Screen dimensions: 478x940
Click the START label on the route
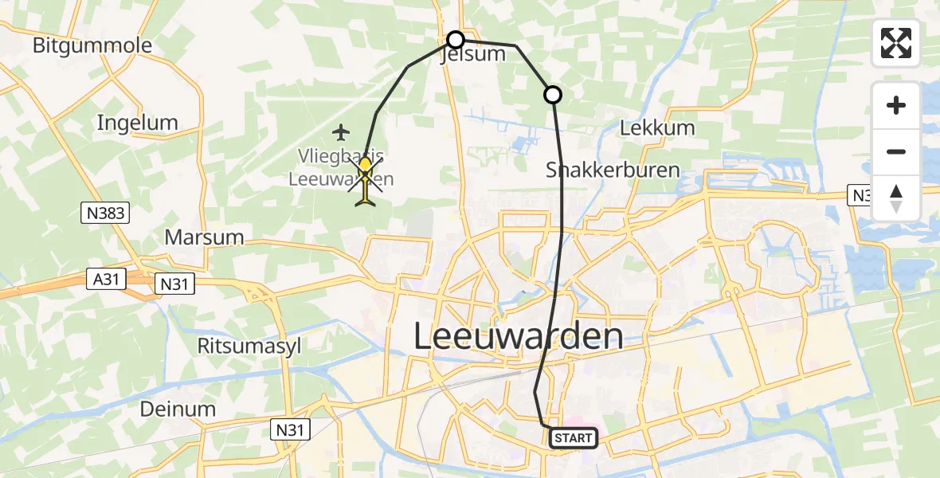(573, 437)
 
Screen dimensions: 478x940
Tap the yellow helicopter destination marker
(365, 180)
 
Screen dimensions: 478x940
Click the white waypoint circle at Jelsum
(455, 40)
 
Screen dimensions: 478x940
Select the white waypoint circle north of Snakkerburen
(552, 95)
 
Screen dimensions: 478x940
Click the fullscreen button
(896, 43)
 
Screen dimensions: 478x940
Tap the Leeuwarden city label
(519, 336)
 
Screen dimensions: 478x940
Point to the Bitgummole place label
(92, 45)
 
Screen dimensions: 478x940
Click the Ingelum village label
(137, 123)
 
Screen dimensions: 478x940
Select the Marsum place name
(204, 237)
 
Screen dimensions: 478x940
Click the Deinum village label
(178, 409)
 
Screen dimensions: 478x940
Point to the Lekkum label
(656, 127)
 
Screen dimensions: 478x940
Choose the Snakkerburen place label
(613, 170)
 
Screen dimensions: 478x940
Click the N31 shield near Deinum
(291, 429)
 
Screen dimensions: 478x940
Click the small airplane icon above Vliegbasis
(342, 131)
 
